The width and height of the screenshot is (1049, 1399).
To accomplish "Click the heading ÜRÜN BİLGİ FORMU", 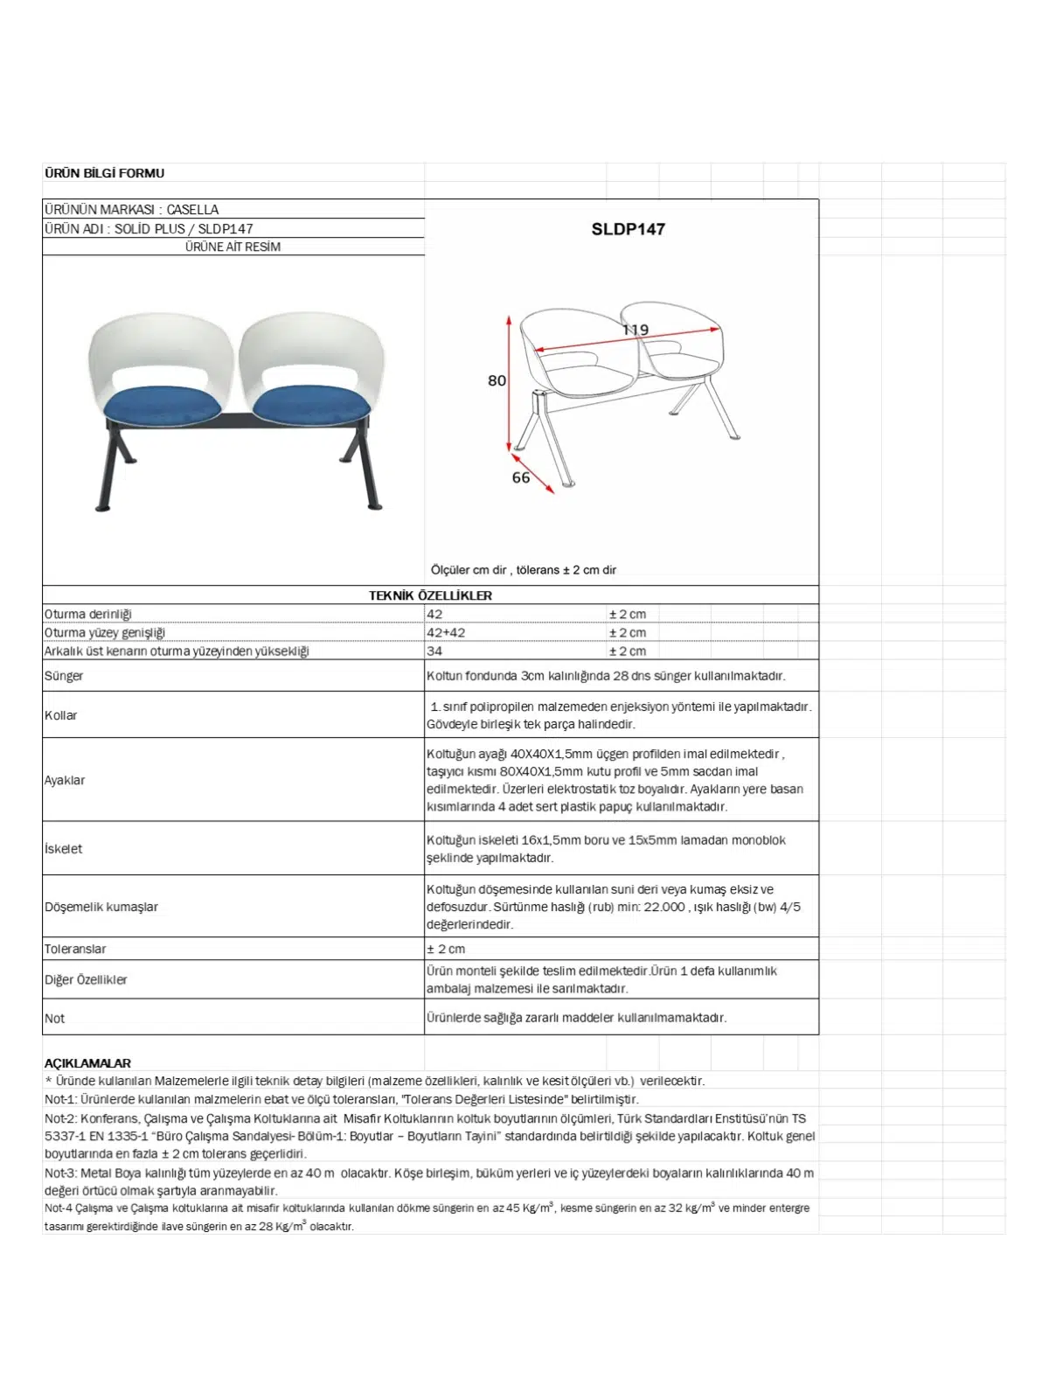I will click(x=104, y=173).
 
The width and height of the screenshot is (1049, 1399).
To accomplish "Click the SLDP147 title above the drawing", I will click(x=628, y=229).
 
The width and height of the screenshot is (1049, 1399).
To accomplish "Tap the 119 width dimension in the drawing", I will click(x=636, y=330).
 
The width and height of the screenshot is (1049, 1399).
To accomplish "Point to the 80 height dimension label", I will click(x=497, y=380).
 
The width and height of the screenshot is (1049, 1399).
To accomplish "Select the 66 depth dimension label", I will click(x=521, y=477).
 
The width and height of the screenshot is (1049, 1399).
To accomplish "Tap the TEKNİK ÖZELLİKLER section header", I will click(x=430, y=595).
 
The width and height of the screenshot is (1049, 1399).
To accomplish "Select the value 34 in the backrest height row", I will click(x=434, y=651).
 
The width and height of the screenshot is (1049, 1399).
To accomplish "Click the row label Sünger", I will click(x=64, y=676).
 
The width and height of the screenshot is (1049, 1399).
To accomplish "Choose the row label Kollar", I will click(x=61, y=715).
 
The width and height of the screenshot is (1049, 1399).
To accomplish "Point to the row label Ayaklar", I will click(x=65, y=780).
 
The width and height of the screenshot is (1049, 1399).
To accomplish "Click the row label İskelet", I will click(x=64, y=848).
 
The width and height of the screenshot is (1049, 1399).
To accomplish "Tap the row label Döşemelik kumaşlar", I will click(x=101, y=907).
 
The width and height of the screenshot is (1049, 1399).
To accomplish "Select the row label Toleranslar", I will click(x=75, y=949).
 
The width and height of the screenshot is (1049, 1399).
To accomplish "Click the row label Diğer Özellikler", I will click(x=86, y=979).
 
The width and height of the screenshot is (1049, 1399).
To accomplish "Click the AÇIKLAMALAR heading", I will click(x=87, y=1063).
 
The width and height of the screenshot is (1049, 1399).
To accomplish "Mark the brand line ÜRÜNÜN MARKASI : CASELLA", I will click(x=132, y=210).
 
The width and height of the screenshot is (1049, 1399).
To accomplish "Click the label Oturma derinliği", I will click(x=88, y=614).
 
